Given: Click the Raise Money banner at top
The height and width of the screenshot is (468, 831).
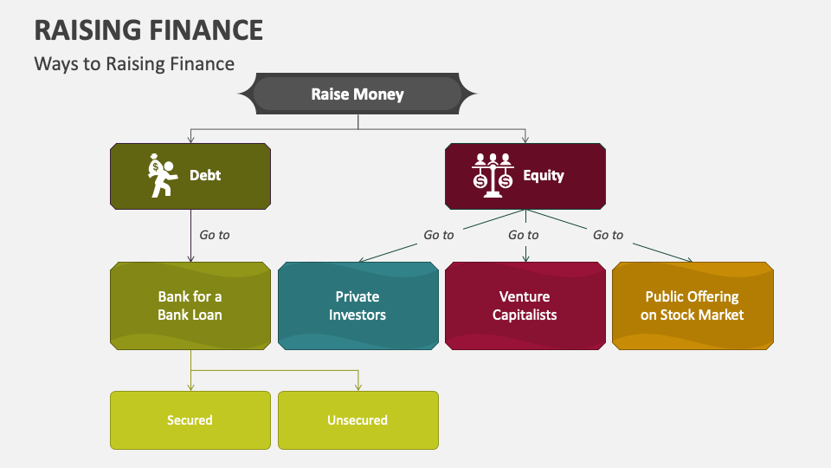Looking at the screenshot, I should click(358, 94).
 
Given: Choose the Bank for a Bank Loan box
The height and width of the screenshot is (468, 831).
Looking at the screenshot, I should click(190, 306).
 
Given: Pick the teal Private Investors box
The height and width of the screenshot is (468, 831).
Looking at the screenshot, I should click(358, 306).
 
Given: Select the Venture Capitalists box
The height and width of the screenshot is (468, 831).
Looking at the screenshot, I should click(525, 306).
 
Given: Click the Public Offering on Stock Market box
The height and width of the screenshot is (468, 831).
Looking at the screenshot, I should click(692, 306).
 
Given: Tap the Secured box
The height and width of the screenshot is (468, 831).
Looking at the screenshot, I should click(190, 420).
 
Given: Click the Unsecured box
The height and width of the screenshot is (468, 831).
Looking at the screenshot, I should click(358, 420).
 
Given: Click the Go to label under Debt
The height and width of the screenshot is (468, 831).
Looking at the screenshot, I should click(215, 235).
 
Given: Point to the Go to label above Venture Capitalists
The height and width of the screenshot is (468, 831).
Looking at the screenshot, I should click(523, 235).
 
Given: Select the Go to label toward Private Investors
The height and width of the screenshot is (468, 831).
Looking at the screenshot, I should click(438, 235).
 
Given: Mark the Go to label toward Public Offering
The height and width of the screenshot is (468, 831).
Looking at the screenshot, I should click(608, 235).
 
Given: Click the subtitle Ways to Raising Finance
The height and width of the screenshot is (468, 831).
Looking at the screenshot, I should click(134, 63).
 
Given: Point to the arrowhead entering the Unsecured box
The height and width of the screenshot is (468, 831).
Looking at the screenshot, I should click(358, 387).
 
